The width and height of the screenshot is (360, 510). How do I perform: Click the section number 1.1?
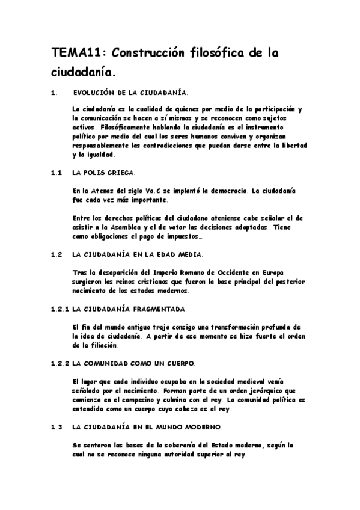[x=57, y=173]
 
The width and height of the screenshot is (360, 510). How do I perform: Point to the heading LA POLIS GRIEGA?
[x=103, y=173]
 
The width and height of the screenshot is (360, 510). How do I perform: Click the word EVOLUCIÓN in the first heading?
[x=95, y=93]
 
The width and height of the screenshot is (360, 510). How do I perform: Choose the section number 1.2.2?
[x=60, y=364]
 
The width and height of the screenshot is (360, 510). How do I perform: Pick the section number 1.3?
[x=57, y=427]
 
